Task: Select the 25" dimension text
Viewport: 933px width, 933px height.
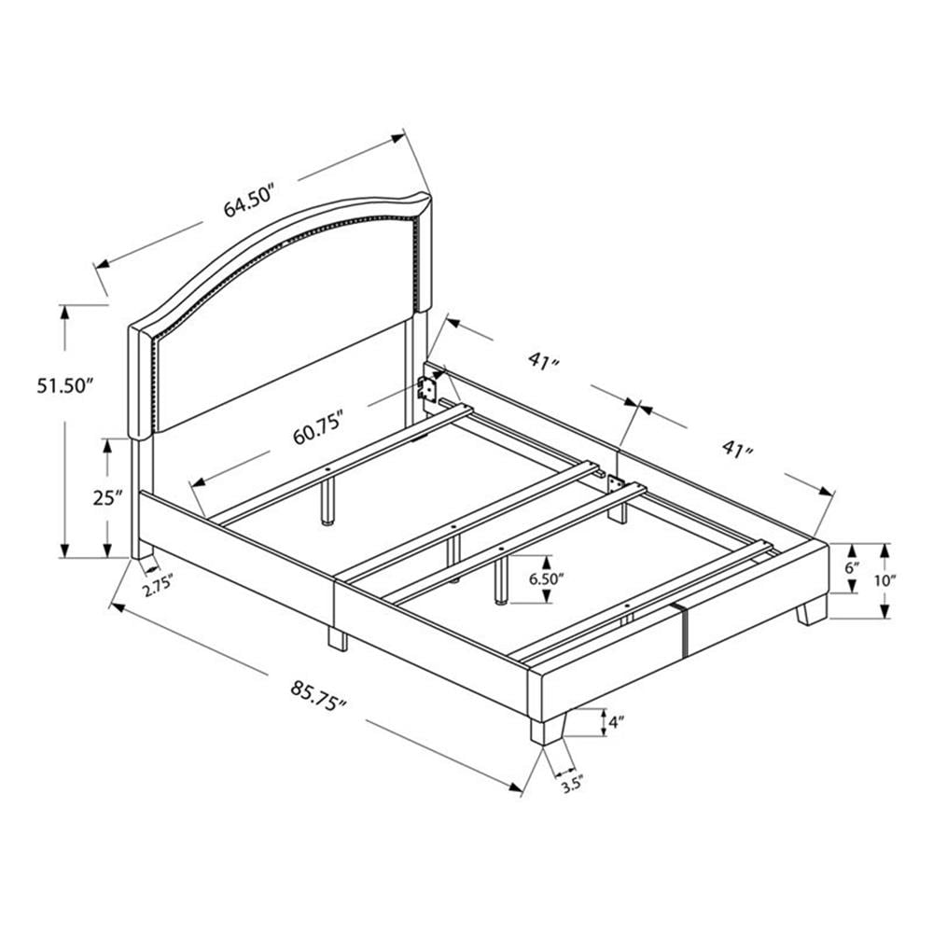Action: point(107,497)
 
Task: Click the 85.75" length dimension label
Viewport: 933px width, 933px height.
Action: point(318,697)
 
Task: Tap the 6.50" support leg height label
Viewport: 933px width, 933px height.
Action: point(546,579)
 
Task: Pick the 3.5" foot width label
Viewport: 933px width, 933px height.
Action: point(571,786)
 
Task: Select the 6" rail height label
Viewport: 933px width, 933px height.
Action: point(853,567)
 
